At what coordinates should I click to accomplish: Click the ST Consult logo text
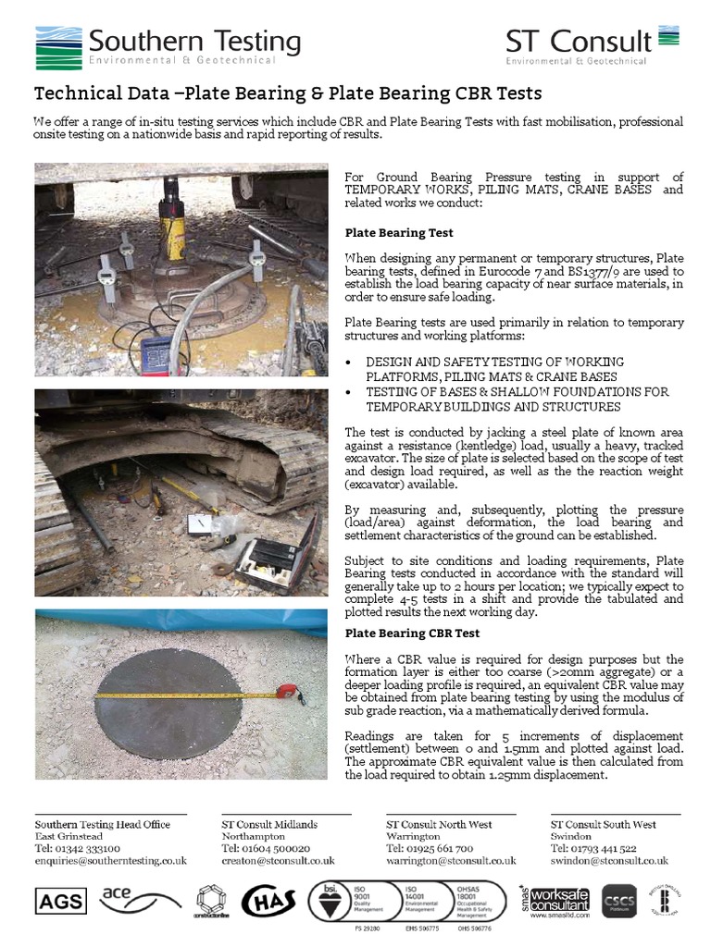coord(579,42)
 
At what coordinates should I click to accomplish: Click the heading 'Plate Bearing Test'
coord(399,233)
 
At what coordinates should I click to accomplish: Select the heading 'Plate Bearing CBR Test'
coord(412,633)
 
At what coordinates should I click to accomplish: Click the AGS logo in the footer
coord(60,900)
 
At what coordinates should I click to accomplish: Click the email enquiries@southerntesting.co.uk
coord(111,860)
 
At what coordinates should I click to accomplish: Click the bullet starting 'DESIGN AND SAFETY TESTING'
coord(494,369)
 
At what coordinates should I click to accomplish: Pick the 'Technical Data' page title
coord(287,94)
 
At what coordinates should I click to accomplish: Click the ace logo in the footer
coord(120,895)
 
